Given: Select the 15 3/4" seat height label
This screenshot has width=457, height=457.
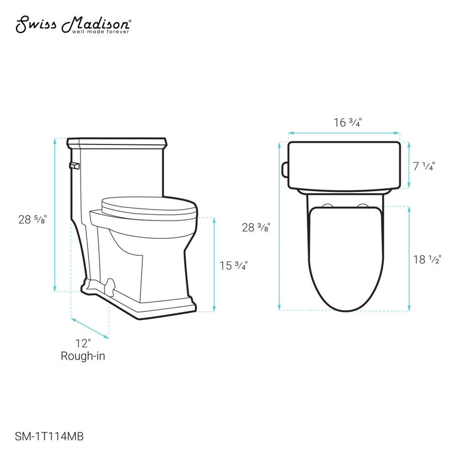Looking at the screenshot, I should click(234, 265).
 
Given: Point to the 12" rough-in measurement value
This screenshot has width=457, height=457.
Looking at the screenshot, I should click(83, 343).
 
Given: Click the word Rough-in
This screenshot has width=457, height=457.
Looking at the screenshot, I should click(83, 356).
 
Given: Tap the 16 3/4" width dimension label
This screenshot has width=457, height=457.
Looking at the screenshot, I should click(348, 122).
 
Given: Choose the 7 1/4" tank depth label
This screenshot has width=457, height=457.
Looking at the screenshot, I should click(423, 166).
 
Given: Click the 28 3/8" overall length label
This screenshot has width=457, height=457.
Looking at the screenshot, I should click(256, 227).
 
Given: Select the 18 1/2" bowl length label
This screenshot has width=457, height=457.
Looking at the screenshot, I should click(427, 259).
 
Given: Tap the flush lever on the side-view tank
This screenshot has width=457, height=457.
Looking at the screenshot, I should click(73, 166).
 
